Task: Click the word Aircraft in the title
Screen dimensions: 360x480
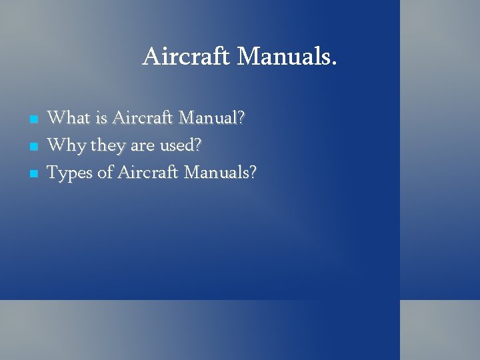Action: point(187,57)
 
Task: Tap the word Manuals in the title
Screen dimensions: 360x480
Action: point(283,57)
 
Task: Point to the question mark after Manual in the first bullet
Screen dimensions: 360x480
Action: point(241,119)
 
